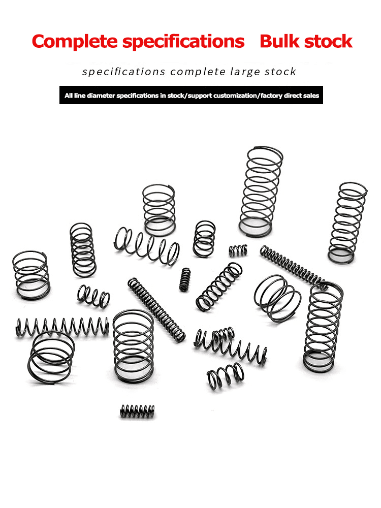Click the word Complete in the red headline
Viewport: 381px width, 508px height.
tap(74, 41)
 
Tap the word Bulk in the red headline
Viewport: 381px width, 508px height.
tap(281, 41)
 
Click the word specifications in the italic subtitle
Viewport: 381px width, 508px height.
tap(123, 72)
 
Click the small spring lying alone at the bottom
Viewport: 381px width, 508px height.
tap(137, 411)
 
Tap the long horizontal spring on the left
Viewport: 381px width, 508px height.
tap(62, 326)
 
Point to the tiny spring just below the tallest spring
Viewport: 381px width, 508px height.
tap(237, 250)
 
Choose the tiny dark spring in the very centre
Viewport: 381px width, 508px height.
tap(185, 279)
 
